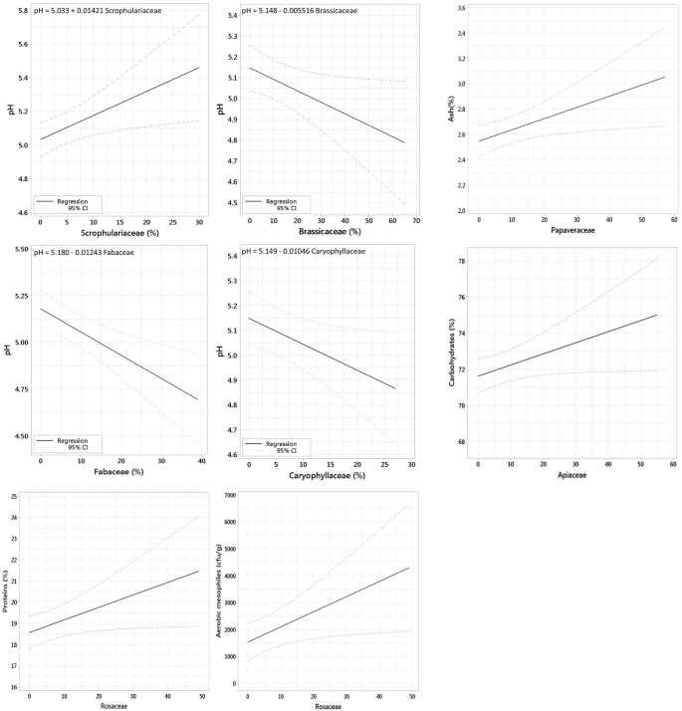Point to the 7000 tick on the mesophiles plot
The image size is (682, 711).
[230, 495]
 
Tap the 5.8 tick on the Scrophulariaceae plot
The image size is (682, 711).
[20, 11]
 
